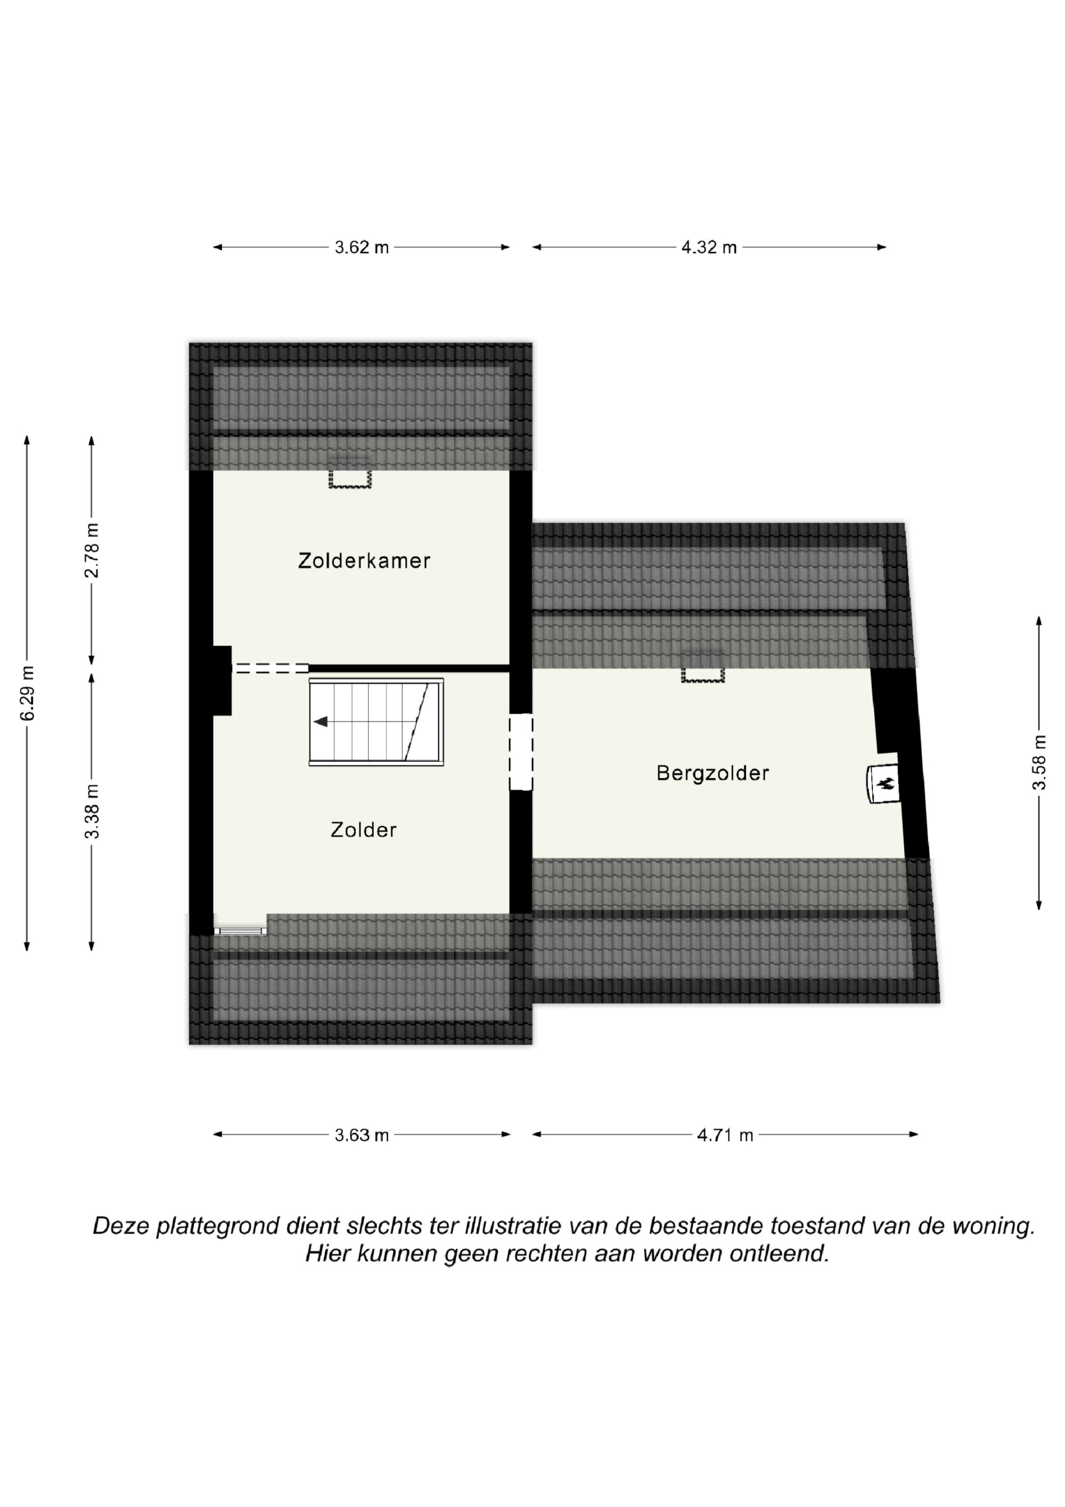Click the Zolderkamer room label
[364, 560]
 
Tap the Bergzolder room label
[712, 773]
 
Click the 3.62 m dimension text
[362, 248]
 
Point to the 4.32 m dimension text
[709, 248]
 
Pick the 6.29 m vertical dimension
[28, 693]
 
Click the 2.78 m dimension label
[92, 550]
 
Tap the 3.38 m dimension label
[92, 811]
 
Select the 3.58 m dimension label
[1039, 763]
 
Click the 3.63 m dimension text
[362, 1135]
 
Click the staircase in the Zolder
[376, 722]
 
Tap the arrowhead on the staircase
[320, 722]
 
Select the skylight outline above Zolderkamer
[350, 478]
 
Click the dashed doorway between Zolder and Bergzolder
[521, 752]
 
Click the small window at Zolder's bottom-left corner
[240, 930]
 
